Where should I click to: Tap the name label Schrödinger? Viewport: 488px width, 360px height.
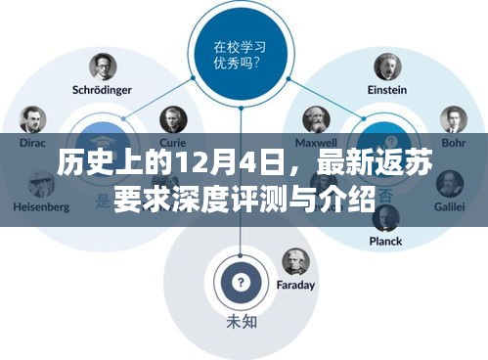click(x=103, y=90)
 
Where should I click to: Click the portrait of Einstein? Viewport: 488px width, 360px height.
click(x=387, y=67)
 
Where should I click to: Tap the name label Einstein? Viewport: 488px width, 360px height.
click(x=387, y=90)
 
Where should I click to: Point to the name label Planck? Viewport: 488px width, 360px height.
click(x=386, y=241)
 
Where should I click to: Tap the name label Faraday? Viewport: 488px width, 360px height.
click(x=296, y=286)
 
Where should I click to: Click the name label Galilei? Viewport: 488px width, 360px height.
click(x=452, y=207)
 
